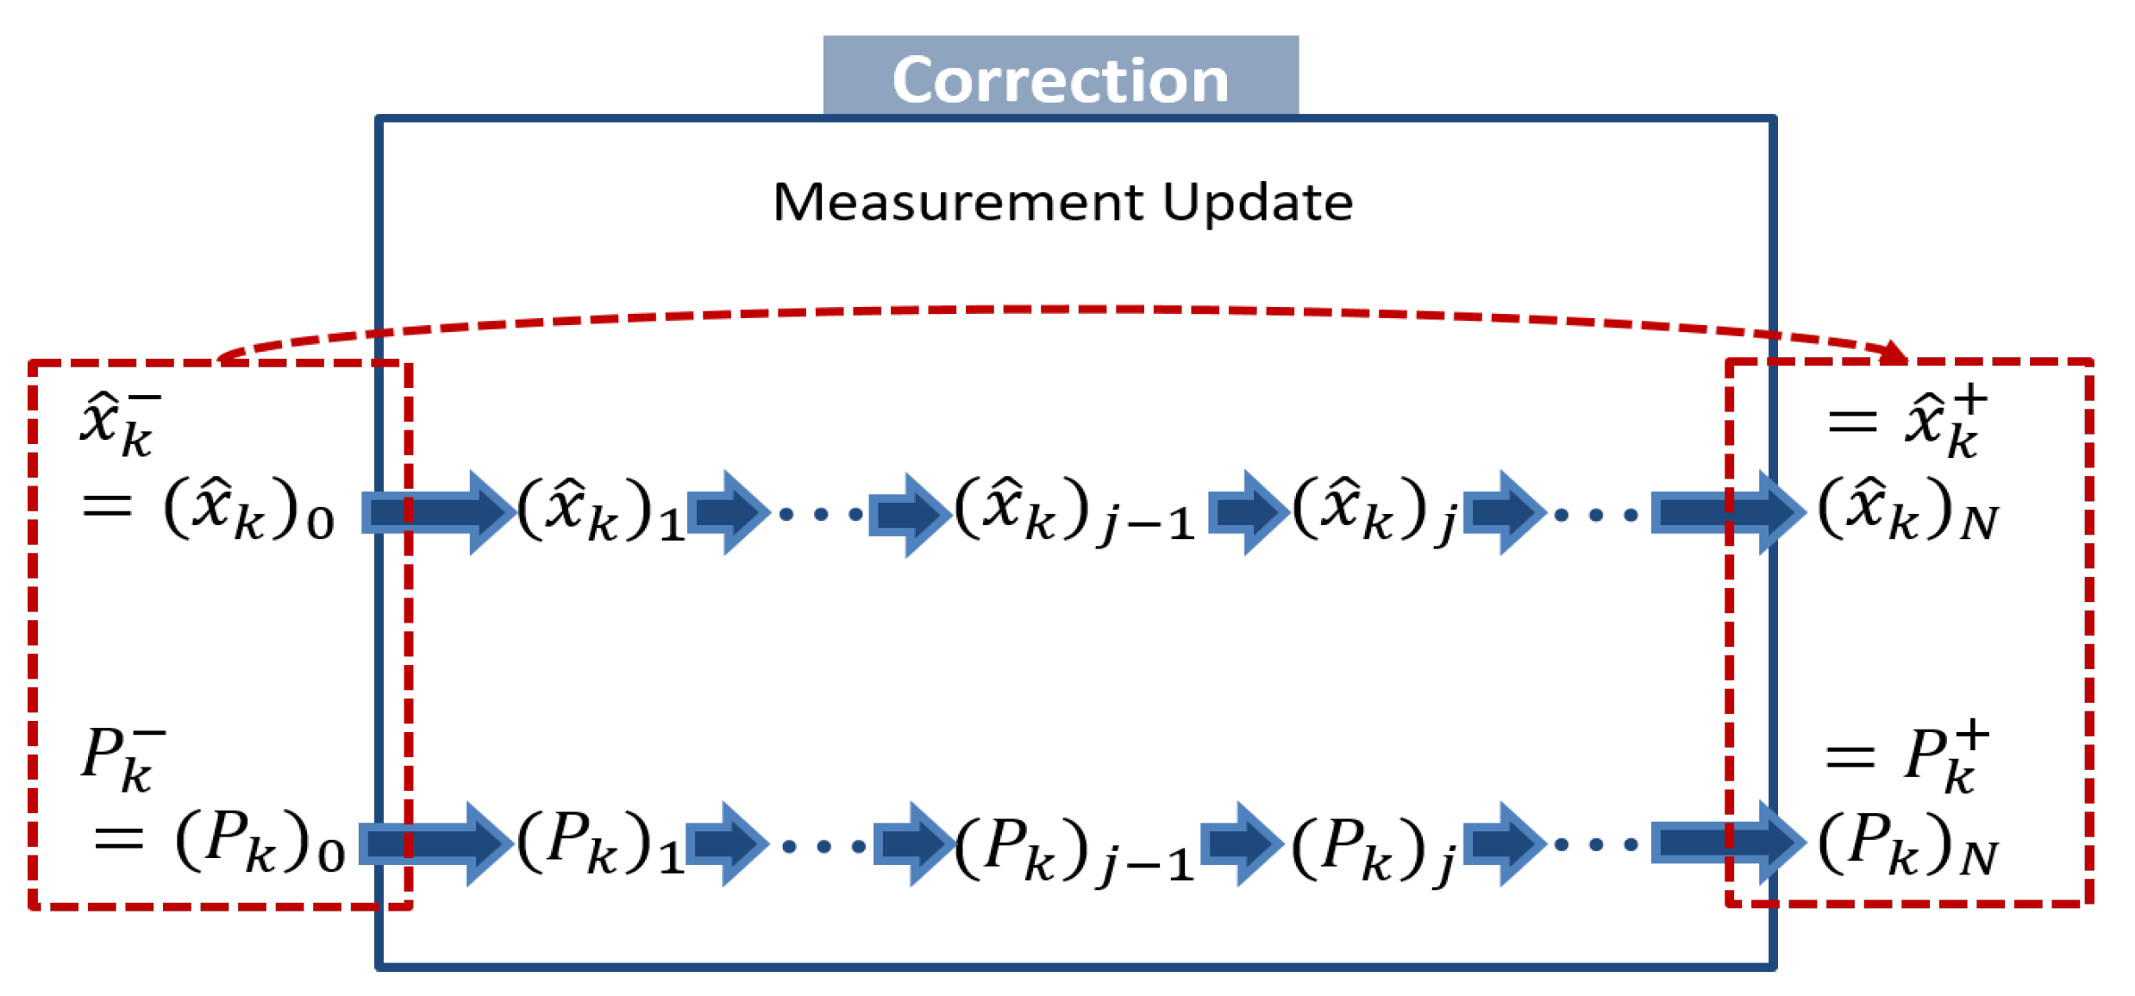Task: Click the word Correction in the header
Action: point(1060,80)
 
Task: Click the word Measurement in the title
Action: point(957,203)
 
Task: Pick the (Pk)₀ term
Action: point(259,842)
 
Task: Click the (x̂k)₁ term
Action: point(600,509)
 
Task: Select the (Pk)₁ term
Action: point(600,842)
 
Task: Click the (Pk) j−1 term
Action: point(1074,845)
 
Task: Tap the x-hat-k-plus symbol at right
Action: point(1945,423)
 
